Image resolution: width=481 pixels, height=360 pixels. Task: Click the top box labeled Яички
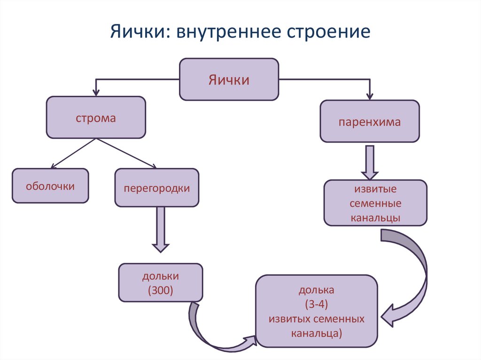(x=229, y=79)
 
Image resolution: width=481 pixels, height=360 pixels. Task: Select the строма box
(x=96, y=117)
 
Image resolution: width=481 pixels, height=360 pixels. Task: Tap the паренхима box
(x=370, y=122)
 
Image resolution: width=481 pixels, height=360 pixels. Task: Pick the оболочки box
(x=50, y=186)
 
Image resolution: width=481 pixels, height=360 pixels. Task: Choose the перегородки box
(x=157, y=188)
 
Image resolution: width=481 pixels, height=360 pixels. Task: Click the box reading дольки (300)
(x=161, y=283)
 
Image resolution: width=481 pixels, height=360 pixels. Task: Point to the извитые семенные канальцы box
(x=375, y=203)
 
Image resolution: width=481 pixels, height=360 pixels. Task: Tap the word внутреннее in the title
(x=229, y=31)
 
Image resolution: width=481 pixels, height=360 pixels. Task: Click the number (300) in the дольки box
(x=161, y=290)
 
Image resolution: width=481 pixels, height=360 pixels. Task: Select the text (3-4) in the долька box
(x=317, y=304)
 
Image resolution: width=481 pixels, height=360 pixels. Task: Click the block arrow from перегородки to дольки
(x=161, y=230)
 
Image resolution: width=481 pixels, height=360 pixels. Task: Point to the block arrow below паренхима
(x=370, y=162)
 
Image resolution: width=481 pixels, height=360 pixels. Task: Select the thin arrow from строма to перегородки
(x=126, y=153)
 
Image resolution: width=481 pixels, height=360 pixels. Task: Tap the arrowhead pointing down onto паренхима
(x=370, y=96)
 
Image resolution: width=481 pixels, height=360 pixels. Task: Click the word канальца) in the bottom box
(x=316, y=333)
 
